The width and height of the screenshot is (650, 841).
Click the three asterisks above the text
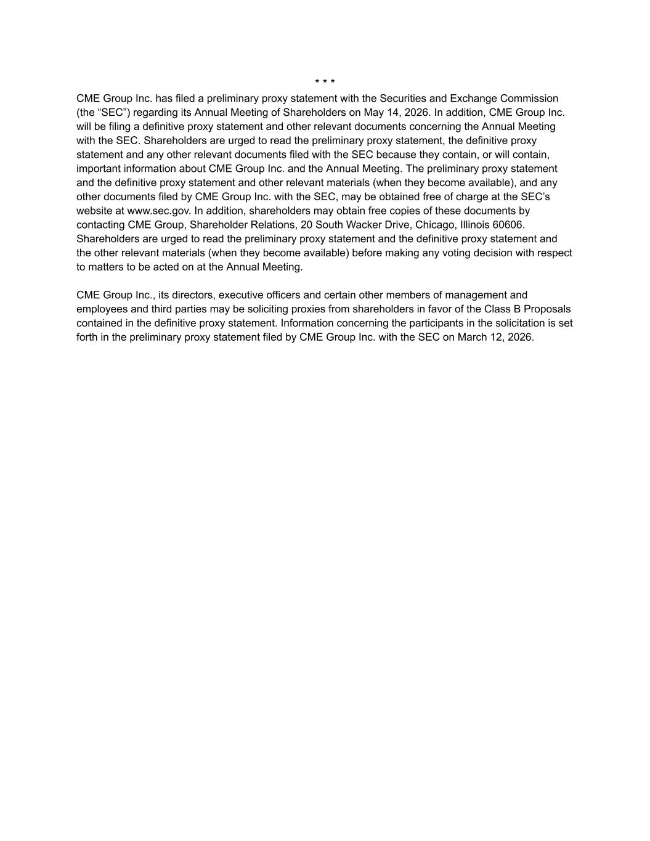[x=325, y=82]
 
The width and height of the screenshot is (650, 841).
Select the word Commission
[x=529, y=99]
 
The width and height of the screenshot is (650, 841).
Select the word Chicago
[x=435, y=225]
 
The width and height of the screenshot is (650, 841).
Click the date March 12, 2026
[x=495, y=337]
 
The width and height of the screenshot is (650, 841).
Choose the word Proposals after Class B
[x=547, y=309]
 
